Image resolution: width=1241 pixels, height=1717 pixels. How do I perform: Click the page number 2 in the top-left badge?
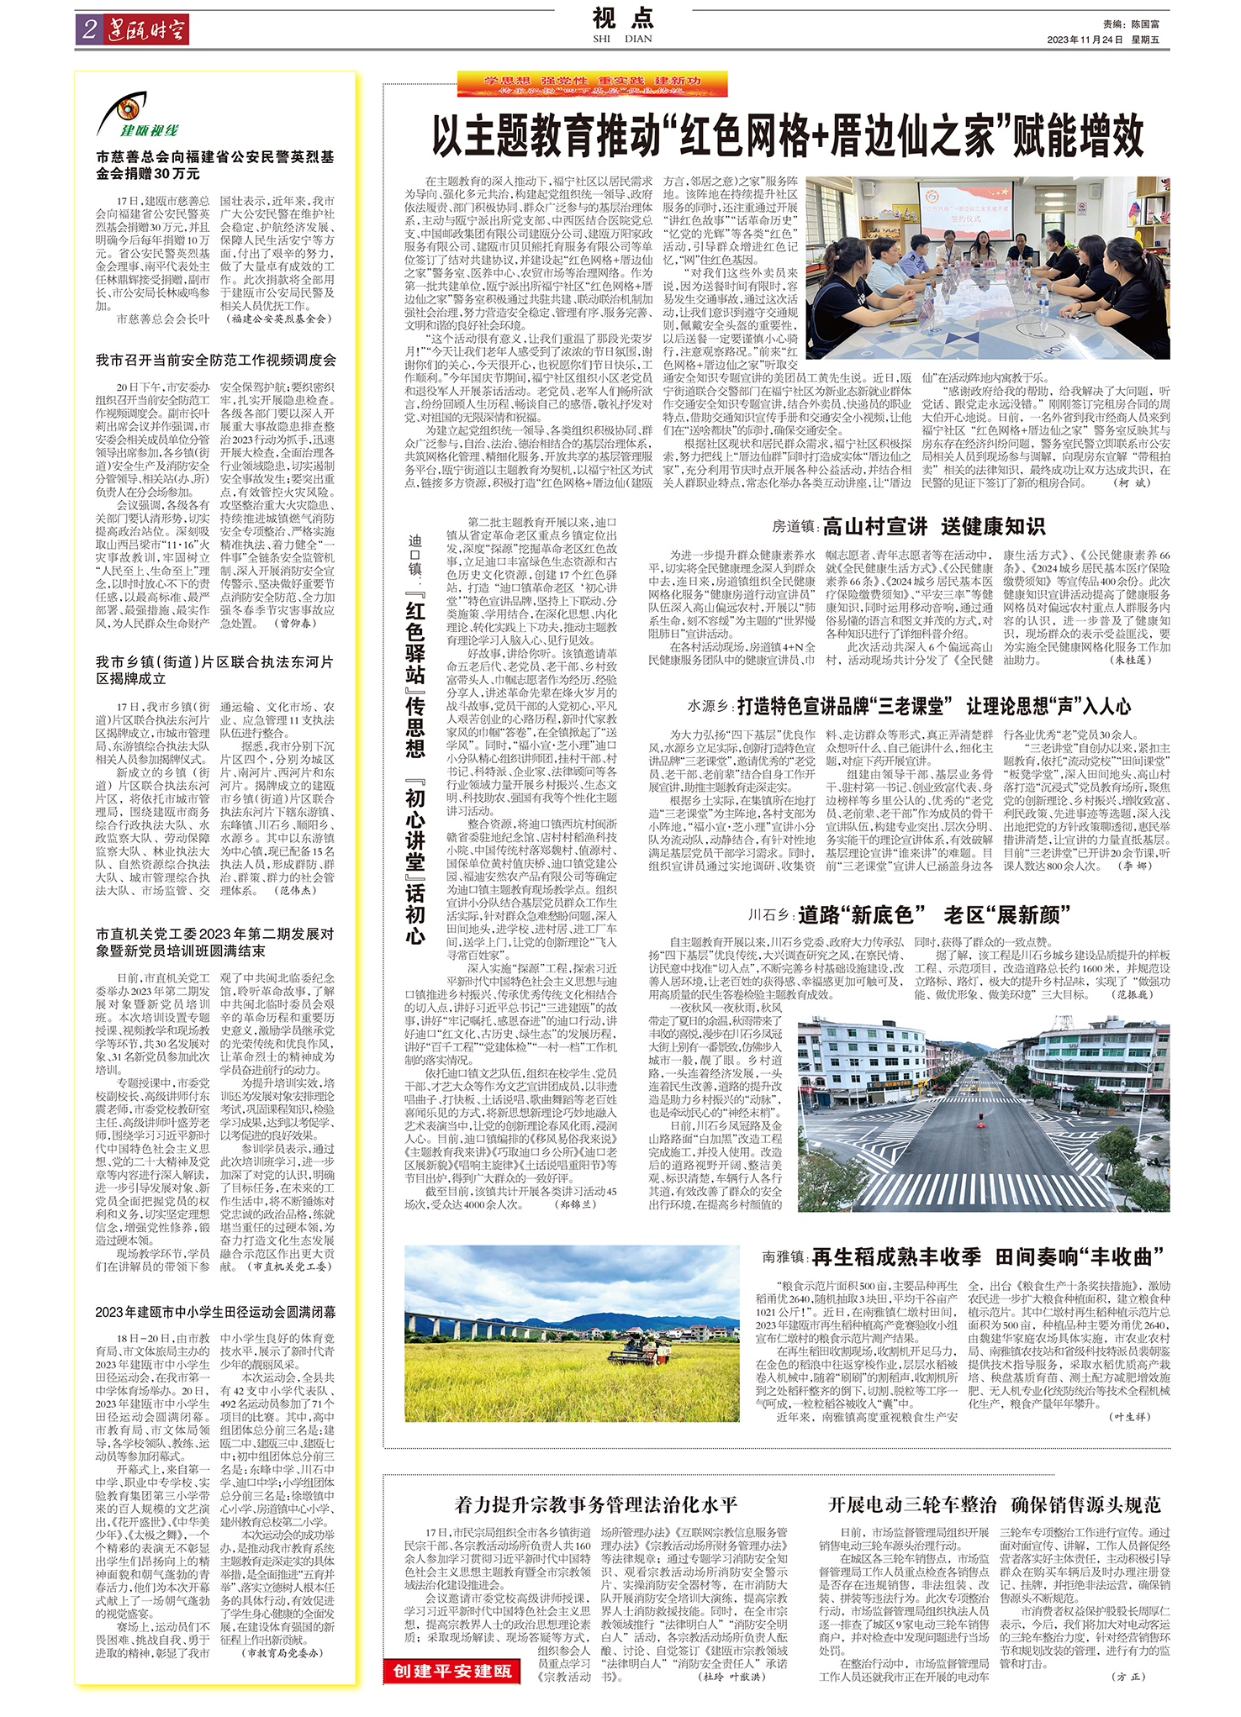point(90,30)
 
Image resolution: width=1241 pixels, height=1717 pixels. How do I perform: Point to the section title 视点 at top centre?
point(622,18)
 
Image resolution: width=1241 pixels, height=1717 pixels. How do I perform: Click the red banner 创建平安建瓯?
point(452,1671)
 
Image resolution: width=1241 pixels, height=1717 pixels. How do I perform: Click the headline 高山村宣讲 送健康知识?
point(933,527)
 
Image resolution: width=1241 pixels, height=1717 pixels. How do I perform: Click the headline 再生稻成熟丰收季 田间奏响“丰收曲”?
point(988,1257)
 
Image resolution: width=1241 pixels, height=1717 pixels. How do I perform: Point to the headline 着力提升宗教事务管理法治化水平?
point(595,1504)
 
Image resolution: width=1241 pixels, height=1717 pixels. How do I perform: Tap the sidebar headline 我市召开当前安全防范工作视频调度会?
point(215,360)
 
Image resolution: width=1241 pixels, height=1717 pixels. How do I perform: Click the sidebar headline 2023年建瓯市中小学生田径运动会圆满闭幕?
point(215,1311)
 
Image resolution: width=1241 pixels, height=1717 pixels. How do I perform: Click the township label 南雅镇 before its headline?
point(784,1258)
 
